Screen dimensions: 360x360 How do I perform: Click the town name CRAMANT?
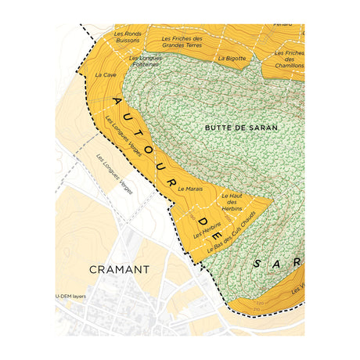[x=119, y=269]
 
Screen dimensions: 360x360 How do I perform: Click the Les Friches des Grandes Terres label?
[x=182, y=42]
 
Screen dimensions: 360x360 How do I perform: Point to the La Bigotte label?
[x=232, y=58]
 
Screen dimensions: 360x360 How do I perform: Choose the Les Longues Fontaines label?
[x=145, y=62]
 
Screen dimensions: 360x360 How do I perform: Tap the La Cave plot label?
[x=105, y=75]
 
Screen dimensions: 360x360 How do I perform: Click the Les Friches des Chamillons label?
[x=290, y=59]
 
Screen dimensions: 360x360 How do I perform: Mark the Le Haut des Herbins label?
[x=232, y=202]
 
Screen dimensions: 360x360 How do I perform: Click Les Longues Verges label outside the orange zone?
[x=114, y=173]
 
